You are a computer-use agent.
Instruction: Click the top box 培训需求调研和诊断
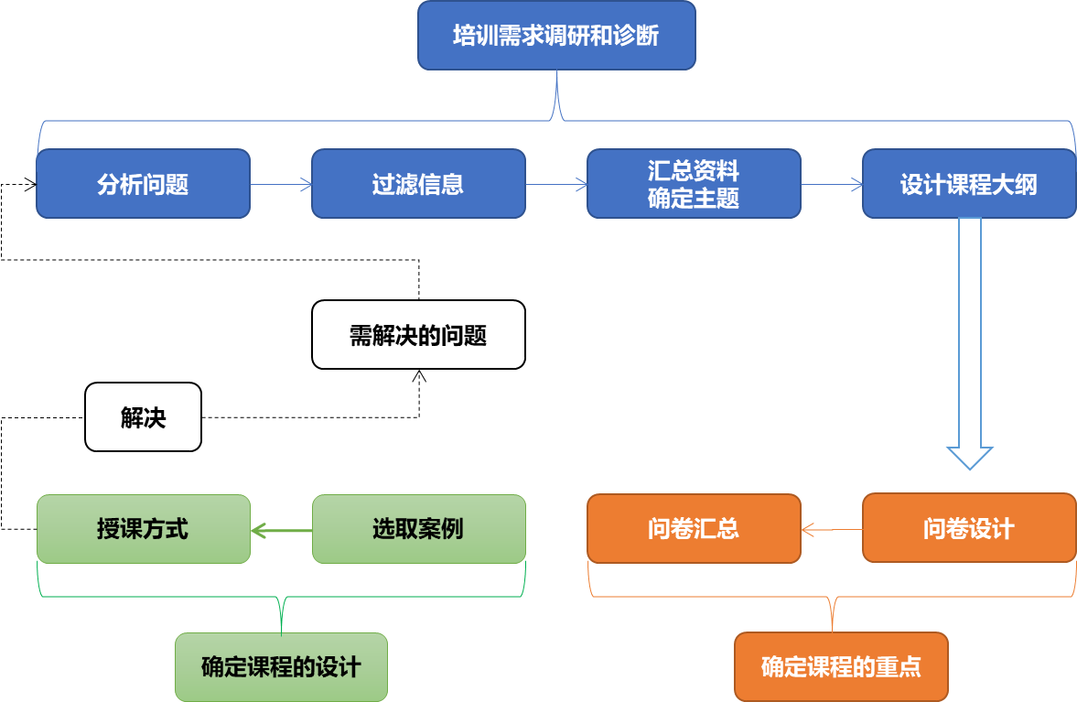tap(556, 36)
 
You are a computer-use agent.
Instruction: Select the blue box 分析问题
tap(143, 184)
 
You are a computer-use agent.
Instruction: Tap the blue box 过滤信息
tap(418, 184)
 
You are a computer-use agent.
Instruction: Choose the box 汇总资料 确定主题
tap(694, 184)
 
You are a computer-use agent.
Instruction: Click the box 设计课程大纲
tap(969, 184)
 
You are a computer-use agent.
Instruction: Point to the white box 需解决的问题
tap(418, 335)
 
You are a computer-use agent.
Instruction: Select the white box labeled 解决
tap(143, 417)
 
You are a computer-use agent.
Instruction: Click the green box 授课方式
tap(143, 529)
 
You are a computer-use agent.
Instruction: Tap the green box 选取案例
tap(418, 529)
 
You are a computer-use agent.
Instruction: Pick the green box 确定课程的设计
tap(281, 667)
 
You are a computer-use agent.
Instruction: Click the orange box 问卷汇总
tap(694, 529)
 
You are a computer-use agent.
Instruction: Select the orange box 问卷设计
tap(969, 529)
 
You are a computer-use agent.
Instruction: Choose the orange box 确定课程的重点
tap(841, 667)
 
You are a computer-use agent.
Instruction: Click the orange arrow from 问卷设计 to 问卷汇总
tap(831, 529)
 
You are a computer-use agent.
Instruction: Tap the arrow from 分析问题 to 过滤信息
tap(281, 185)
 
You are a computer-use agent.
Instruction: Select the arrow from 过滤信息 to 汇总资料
tap(556, 185)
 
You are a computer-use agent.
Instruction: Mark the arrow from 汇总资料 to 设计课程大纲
tap(832, 185)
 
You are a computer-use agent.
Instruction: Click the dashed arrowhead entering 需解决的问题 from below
tap(419, 376)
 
